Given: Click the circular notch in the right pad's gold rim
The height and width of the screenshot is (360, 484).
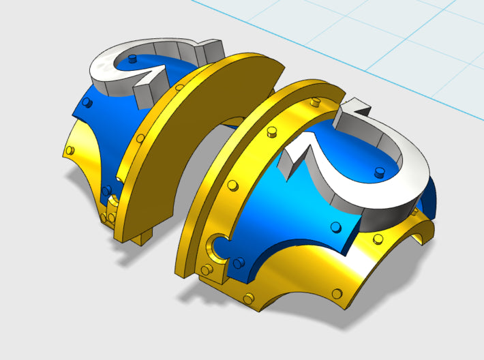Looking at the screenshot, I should (x=218, y=244).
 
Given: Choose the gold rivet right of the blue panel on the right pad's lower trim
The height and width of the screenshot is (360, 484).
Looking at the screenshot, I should (x=376, y=238).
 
